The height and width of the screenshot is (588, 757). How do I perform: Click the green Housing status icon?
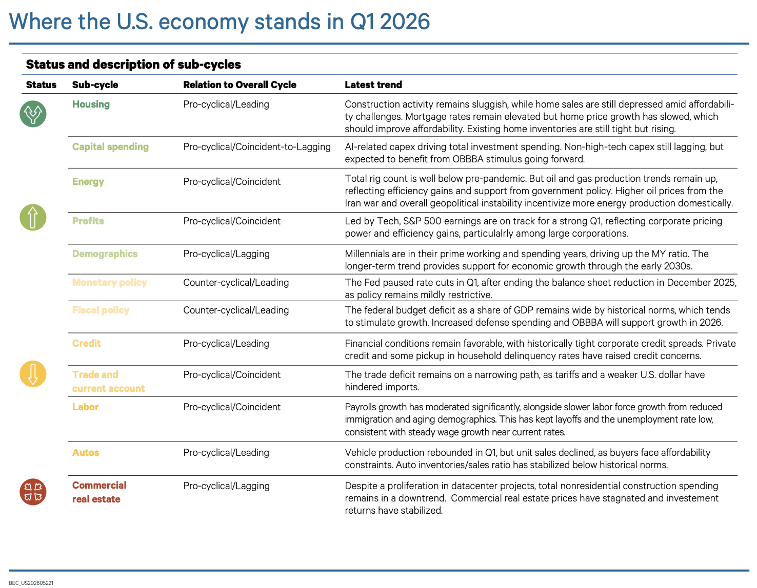pos(33,114)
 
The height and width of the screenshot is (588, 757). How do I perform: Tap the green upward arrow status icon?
pos(33,218)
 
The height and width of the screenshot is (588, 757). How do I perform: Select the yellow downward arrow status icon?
pos(33,374)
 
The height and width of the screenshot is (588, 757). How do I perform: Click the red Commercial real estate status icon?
pos(33,492)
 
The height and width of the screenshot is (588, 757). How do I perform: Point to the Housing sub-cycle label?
pos(91,104)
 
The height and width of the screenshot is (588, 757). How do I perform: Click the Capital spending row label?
pos(110,147)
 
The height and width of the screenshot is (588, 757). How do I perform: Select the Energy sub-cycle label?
pos(88,182)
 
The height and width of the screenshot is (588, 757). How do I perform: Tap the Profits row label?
pos(88,221)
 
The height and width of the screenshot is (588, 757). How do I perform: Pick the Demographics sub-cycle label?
pos(105,254)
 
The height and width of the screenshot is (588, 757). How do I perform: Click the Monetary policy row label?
pos(109,283)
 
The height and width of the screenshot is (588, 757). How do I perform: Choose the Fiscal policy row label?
pos(101,310)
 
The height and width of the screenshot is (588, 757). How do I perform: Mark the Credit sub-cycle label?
pos(86,343)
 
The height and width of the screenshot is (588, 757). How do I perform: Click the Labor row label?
pos(85,407)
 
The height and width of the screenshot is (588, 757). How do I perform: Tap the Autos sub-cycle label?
pos(86,453)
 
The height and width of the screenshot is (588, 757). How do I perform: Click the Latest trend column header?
pos(373,85)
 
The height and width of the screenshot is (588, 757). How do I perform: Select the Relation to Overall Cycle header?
pos(240,85)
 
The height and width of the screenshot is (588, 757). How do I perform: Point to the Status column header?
pos(41,85)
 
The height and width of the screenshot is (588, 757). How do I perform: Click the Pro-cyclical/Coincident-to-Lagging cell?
pos(257,147)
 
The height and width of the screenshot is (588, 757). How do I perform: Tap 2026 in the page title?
pos(405,22)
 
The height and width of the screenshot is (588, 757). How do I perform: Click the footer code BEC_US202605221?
pos(31,583)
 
